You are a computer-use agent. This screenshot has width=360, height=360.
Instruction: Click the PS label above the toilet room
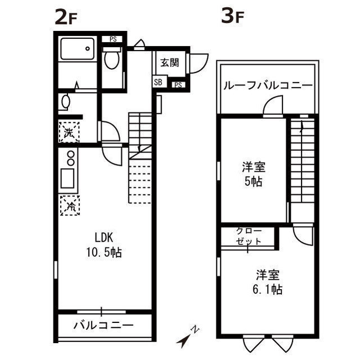click(113, 39)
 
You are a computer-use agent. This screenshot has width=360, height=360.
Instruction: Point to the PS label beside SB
click(177, 85)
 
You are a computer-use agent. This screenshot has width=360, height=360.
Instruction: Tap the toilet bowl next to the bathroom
click(112, 60)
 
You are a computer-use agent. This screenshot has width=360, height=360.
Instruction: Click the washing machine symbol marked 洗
click(68, 133)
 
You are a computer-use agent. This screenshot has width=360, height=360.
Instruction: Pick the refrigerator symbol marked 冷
click(70, 205)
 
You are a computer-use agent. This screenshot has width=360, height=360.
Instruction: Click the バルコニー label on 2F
click(103, 325)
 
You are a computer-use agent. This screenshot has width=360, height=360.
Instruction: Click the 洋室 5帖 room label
click(254, 174)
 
